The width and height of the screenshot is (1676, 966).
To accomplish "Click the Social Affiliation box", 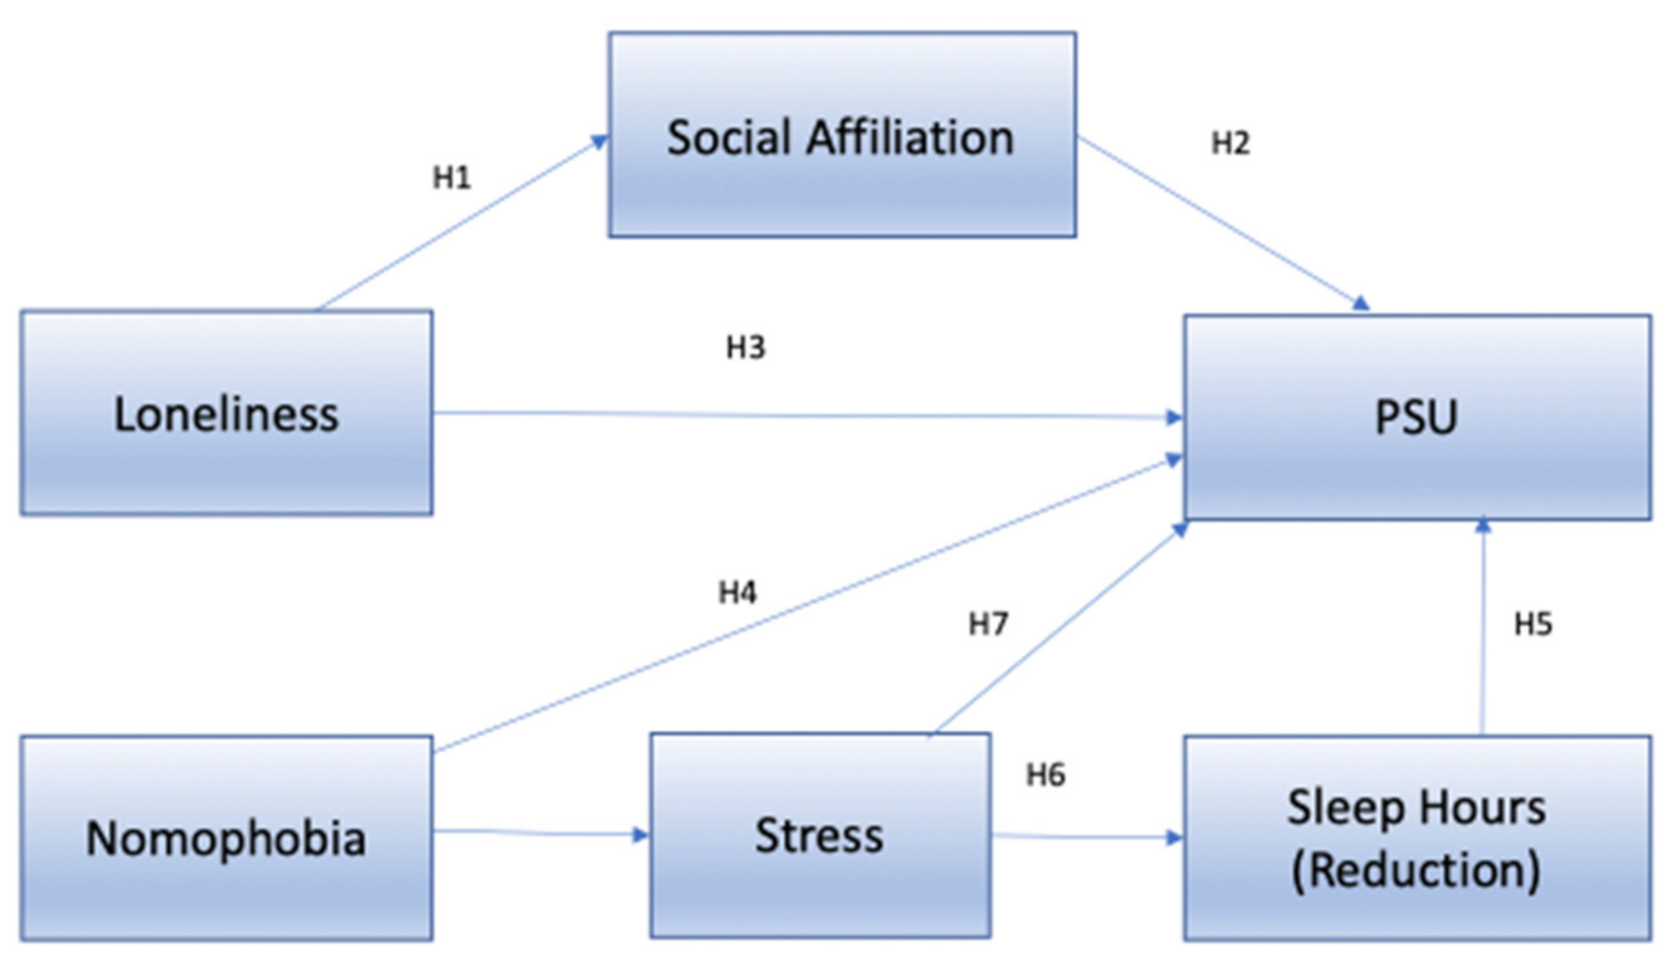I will pos(842,134).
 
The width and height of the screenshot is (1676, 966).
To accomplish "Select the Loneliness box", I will pos(226,413).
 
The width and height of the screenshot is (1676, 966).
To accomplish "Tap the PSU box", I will pos(1417,417).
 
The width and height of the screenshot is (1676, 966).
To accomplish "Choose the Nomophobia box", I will pos(226,838).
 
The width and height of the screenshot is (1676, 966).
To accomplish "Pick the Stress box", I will pos(820,836).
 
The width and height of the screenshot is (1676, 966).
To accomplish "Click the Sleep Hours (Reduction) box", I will pos(1417,838).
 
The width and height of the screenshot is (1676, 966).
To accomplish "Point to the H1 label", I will pos(451,178).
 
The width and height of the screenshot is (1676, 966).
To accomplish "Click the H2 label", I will pos(1230,143).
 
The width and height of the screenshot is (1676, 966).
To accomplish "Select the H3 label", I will pos(745,347).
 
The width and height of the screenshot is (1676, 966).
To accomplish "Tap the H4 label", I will pos(737,592).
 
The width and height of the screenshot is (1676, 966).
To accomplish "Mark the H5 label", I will pos(1533,624).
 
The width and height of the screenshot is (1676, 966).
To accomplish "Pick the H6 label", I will pos(1045,775).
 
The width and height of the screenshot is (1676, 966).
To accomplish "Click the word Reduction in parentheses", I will pos(1416,871).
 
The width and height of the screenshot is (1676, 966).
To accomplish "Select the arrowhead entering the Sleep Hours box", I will pos(1174,838).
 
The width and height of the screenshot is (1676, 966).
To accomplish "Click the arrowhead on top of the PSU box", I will pos(1361,303).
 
